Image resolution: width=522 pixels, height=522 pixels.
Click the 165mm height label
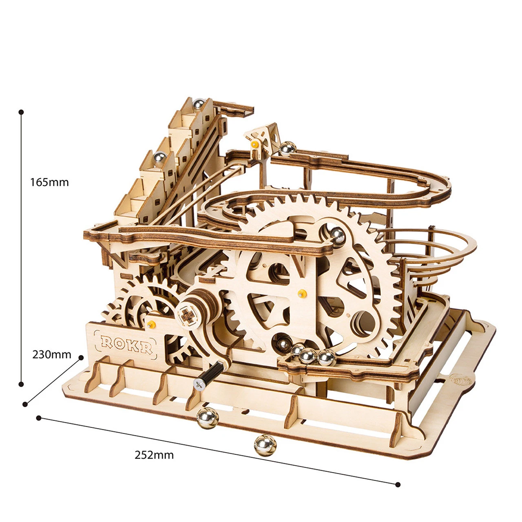[49, 182]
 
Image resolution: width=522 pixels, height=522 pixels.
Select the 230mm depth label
[52, 354]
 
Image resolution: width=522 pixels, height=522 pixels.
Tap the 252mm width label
[154, 455]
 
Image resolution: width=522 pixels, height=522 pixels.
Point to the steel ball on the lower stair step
[159, 157]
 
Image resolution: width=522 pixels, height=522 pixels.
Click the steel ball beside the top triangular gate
[288, 148]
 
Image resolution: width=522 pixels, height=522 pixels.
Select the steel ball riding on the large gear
[338, 234]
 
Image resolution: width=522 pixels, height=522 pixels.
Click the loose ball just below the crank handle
[208, 417]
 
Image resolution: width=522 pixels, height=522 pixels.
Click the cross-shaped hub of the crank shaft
[187, 314]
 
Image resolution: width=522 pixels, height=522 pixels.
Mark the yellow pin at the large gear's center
[302, 292]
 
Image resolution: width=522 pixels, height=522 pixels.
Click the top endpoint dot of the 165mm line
[21, 112]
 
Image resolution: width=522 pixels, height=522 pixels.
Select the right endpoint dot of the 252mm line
[398, 484]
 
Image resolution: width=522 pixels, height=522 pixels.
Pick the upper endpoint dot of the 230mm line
[81, 357]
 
